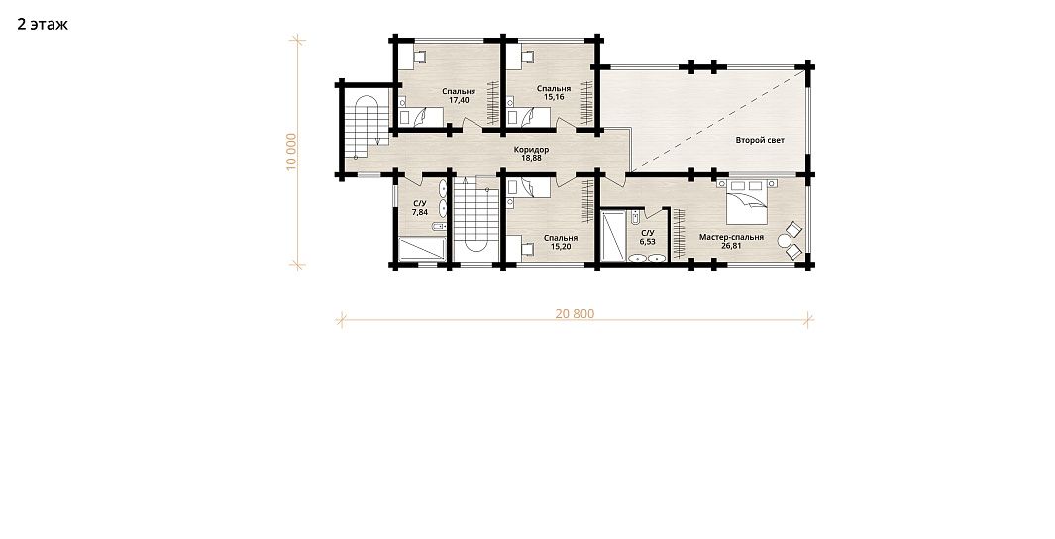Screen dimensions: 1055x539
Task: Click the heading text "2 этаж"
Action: pos(43,25)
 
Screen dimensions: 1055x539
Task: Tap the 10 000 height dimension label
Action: pos(290,152)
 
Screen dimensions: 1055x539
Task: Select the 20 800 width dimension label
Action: pos(575,313)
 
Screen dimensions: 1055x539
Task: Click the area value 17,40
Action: pos(459,100)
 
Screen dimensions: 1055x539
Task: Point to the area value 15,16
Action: pos(554,97)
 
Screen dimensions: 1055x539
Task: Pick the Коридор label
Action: pos(532,150)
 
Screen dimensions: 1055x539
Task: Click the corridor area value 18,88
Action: pos(532,159)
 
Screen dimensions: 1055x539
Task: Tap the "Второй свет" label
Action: pos(760,140)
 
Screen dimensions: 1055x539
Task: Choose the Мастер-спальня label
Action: pos(731,237)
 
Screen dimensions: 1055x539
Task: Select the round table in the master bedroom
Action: pos(784,240)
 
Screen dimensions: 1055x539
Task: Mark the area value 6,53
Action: pos(647,241)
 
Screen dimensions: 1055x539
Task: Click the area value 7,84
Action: pos(420,212)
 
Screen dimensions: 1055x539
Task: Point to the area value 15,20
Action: pos(561,247)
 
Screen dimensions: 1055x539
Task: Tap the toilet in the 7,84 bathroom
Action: pos(439,226)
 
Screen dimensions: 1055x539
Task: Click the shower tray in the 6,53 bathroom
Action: pos(613,236)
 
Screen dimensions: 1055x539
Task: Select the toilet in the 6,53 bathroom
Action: pos(634,217)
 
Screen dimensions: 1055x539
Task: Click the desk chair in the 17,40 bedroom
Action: pos(419,57)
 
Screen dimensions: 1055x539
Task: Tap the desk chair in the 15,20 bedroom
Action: pos(527,249)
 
